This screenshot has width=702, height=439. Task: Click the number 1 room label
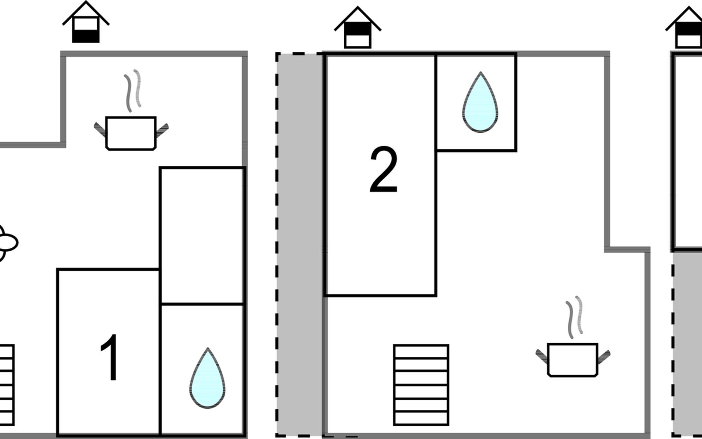109,358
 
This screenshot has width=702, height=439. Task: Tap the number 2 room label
383,170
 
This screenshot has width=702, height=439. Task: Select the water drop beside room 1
207,379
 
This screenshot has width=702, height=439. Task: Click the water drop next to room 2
480,102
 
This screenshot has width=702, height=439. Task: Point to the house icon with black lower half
86,23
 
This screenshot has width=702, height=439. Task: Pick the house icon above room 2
358,29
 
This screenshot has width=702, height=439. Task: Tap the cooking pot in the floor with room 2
573,360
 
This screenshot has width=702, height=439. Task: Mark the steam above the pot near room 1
132,90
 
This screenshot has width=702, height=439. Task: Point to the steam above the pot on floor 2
574,317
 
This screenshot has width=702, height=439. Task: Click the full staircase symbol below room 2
421,385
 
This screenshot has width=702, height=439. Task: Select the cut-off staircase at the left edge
7,385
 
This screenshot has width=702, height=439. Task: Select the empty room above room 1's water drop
202,236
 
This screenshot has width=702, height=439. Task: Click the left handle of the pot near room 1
100,130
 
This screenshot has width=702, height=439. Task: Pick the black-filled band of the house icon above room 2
358,29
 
